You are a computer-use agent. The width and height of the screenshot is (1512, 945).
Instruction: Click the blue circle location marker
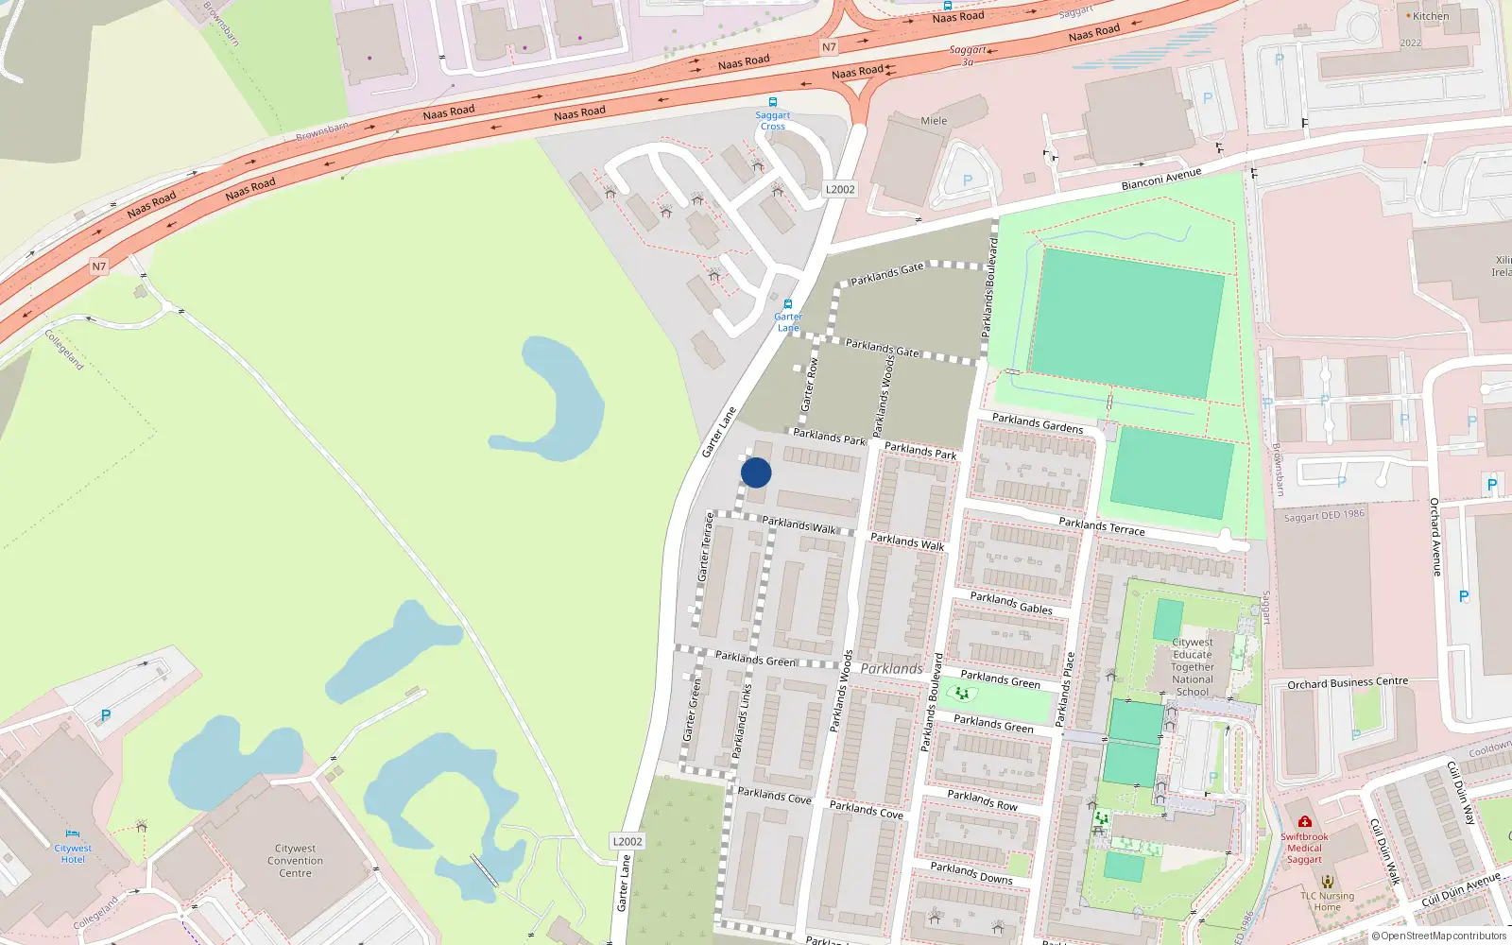point(756,472)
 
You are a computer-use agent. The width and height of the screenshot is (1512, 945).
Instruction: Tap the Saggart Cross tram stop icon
point(773,102)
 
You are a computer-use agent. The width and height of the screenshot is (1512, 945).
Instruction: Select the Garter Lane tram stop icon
point(788,304)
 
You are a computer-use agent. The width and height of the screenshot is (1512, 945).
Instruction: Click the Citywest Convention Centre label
point(295,861)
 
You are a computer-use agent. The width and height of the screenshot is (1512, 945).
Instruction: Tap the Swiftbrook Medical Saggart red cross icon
point(1305,822)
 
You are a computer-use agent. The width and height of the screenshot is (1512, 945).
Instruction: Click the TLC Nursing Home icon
point(1328,882)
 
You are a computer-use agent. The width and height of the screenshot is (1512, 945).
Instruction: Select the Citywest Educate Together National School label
point(1193,667)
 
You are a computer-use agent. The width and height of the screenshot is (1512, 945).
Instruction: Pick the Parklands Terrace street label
point(1102,526)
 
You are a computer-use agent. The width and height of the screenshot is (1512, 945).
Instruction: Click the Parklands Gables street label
point(1011,603)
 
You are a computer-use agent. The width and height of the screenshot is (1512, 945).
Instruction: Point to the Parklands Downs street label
point(971,872)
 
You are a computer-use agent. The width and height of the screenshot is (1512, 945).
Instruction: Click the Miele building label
point(934,121)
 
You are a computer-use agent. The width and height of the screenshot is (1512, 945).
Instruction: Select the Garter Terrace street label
point(705,547)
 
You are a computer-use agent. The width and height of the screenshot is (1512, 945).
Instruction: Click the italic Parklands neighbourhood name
point(891,669)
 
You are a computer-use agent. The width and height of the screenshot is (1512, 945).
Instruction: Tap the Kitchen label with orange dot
point(1430,16)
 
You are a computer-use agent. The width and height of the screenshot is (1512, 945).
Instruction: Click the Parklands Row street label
point(983,800)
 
